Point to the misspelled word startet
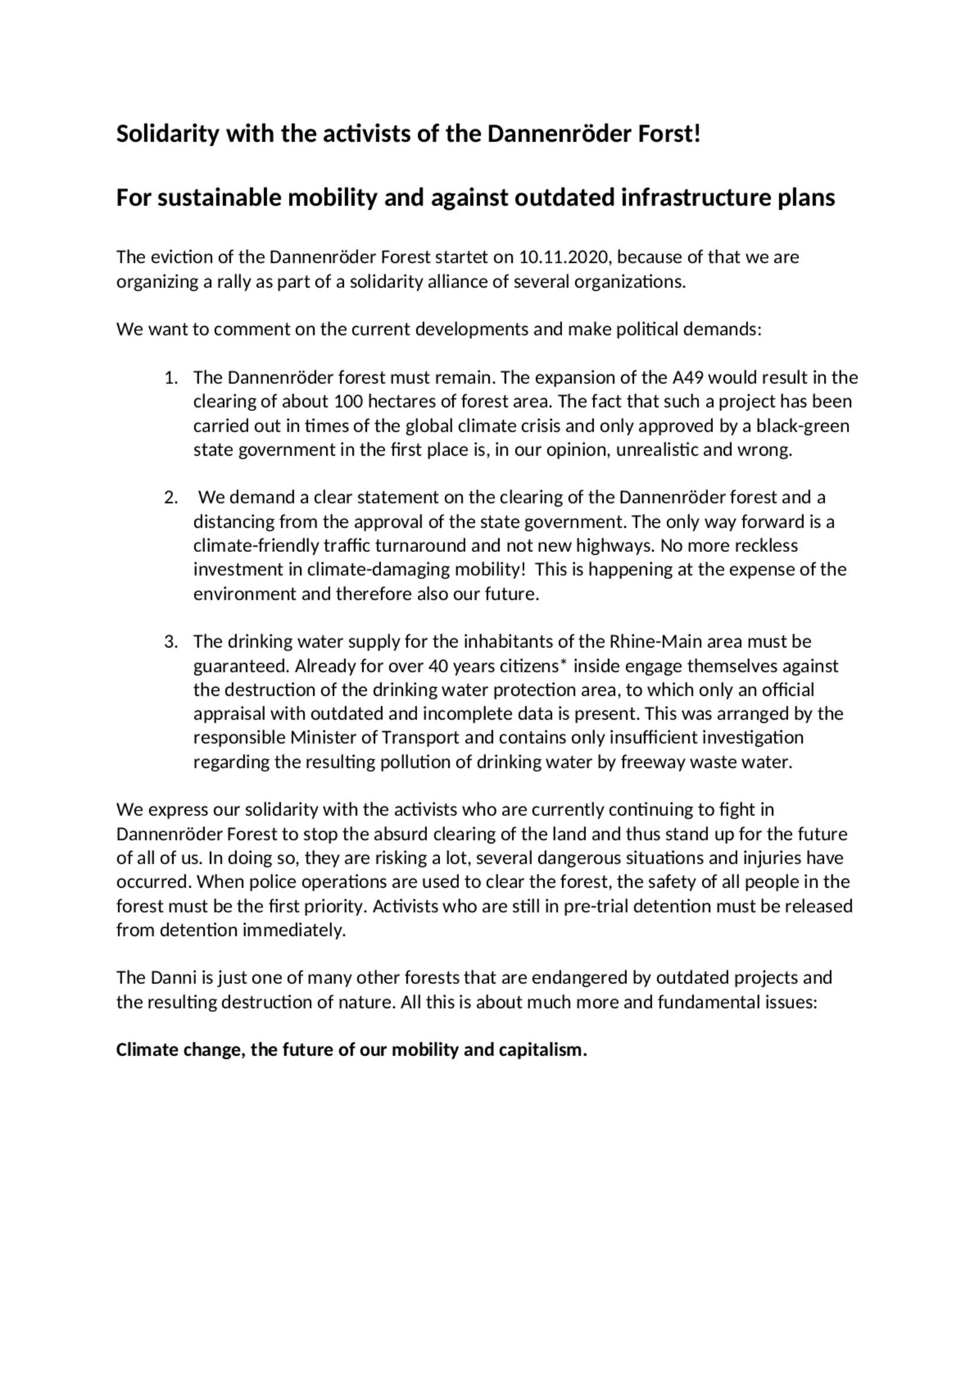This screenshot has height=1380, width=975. [x=462, y=257]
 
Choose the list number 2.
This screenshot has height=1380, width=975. [x=171, y=498]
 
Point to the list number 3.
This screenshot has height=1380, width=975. [x=171, y=642]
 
